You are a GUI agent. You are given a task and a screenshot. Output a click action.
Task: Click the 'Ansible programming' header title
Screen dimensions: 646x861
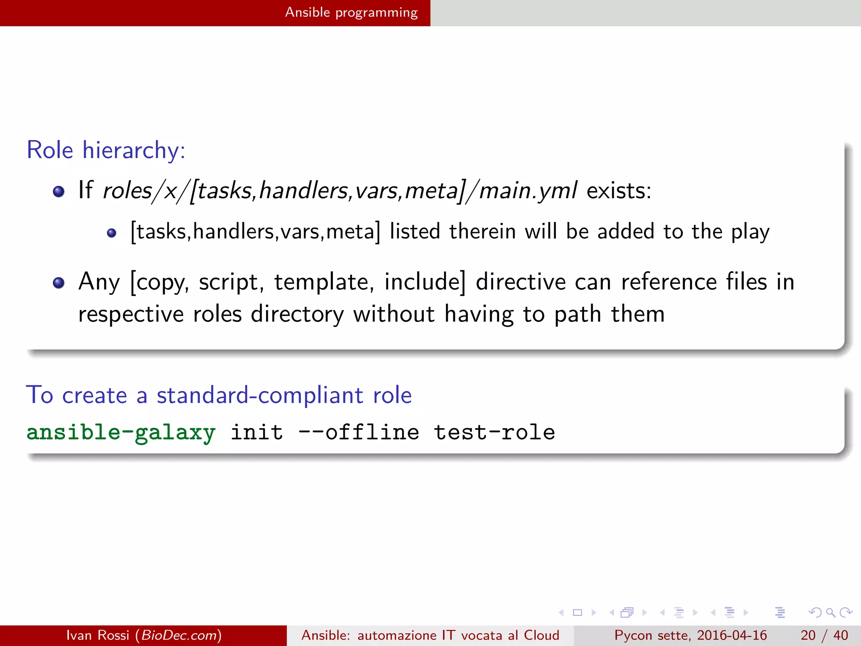(351, 13)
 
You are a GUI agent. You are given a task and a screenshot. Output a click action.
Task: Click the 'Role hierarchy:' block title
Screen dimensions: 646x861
(106, 150)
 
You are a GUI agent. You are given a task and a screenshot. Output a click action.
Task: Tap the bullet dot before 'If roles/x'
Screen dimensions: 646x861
(58, 192)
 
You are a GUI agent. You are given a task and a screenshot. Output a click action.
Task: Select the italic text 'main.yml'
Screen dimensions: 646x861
(528, 191)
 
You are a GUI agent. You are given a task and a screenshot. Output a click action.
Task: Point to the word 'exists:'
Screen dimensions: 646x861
(618, 191)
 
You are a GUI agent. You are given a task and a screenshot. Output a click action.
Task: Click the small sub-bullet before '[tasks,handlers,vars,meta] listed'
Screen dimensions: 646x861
(111, 233)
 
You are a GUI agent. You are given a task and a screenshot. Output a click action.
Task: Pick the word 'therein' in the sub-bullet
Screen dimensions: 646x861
(482, 232)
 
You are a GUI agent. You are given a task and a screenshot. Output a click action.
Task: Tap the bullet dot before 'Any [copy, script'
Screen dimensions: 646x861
(58, 283)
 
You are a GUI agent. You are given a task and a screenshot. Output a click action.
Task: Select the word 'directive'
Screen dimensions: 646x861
(521, 282)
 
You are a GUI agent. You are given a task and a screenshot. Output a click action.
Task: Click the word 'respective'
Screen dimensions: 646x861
(131, 315)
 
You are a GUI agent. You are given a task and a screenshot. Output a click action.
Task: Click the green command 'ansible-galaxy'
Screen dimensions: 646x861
(121, 433)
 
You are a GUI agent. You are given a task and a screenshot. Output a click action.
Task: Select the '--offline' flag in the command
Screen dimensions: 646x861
(359, 433)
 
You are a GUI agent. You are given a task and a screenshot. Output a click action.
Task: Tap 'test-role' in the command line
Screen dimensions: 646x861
(494, 433)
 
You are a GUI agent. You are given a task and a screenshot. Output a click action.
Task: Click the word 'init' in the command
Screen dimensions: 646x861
(257, 433)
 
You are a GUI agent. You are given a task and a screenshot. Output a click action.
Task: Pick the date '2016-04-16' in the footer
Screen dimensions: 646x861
(732, 635)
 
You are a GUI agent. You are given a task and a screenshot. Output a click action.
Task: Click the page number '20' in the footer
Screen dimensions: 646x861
(808, 635)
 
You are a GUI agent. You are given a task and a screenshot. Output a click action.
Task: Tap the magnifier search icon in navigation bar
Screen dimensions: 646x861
(830, 612)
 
